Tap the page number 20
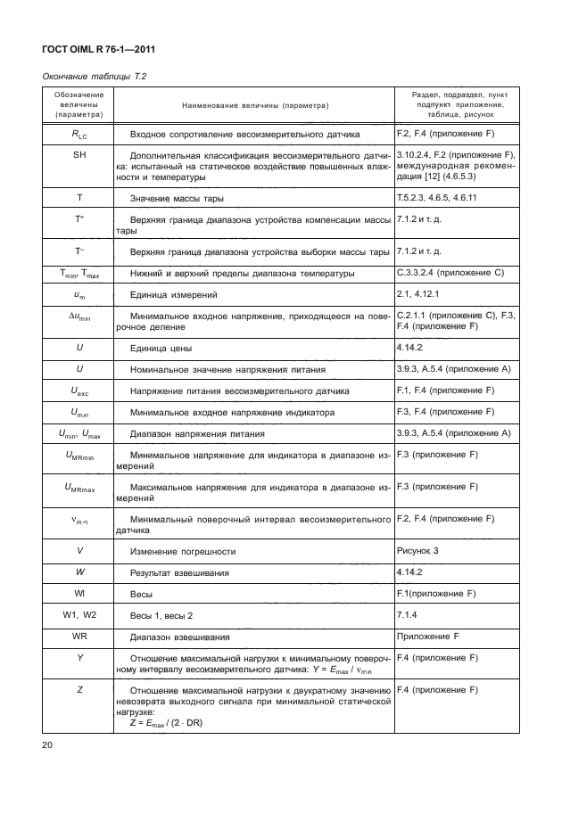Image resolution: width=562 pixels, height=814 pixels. [49, 744]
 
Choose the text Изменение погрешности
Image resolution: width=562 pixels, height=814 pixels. [184, 551]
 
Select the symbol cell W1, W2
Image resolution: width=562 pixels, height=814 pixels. [79, 615]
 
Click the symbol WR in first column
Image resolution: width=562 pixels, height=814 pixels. [79, 637]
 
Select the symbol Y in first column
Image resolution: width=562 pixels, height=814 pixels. [79, 658]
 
